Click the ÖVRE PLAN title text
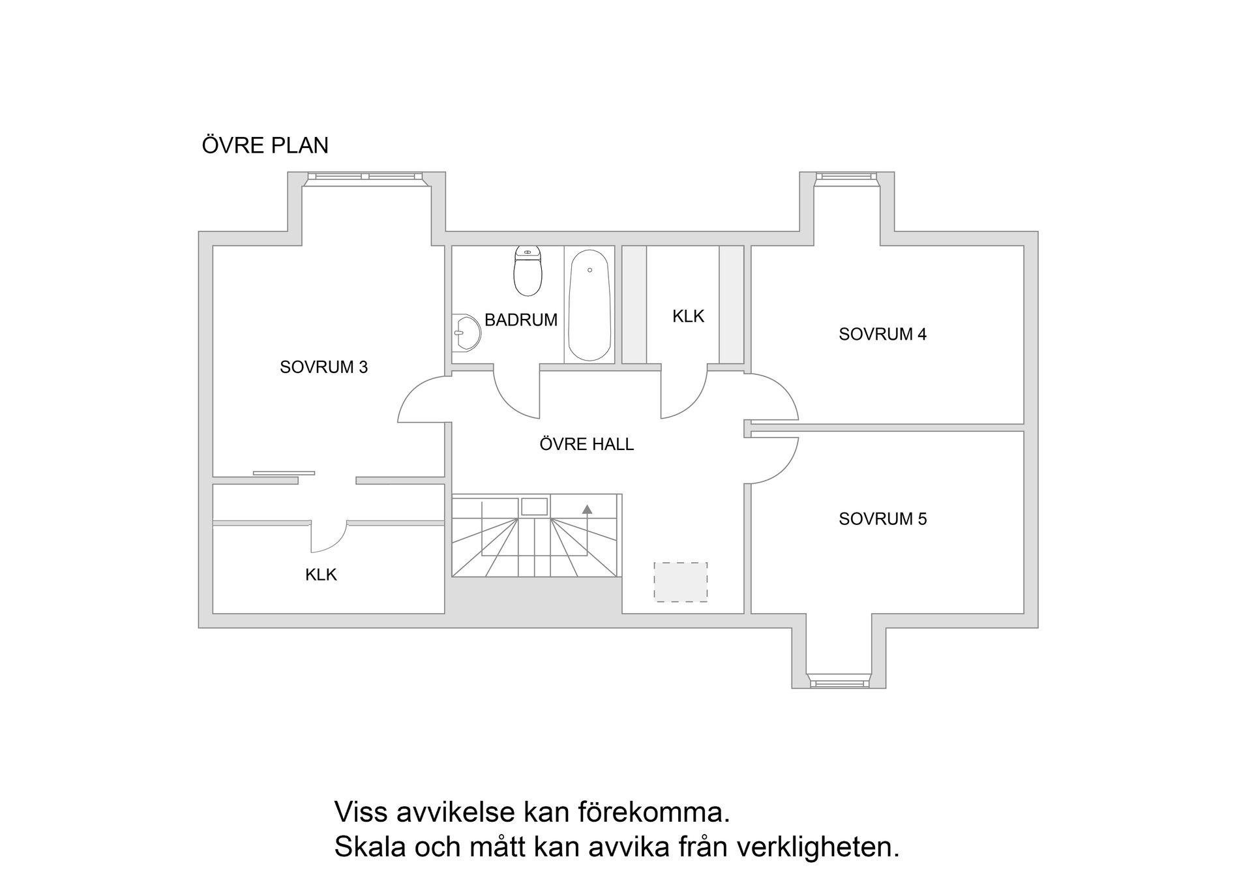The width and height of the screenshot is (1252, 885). point(265,145)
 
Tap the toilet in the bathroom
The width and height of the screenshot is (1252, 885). point(528,271)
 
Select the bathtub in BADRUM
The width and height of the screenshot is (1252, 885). point(589,305)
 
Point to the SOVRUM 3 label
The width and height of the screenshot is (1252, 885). point(323,367)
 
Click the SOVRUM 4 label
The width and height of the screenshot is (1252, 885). point(882,334)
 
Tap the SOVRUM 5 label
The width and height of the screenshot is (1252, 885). point(882,518)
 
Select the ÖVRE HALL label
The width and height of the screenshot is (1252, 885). point(586,444)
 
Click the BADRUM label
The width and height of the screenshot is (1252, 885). point(520,320)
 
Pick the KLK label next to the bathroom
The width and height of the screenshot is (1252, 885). point(688,316)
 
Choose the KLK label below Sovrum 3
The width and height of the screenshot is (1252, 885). point(321,575)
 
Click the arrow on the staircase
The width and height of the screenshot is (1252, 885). point(587,509)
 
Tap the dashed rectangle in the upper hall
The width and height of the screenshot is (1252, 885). point(681,582)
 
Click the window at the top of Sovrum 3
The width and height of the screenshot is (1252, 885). point(365,176)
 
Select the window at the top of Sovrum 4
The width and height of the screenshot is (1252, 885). point(846,176)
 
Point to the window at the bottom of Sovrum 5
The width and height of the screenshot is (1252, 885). point(839,683)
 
